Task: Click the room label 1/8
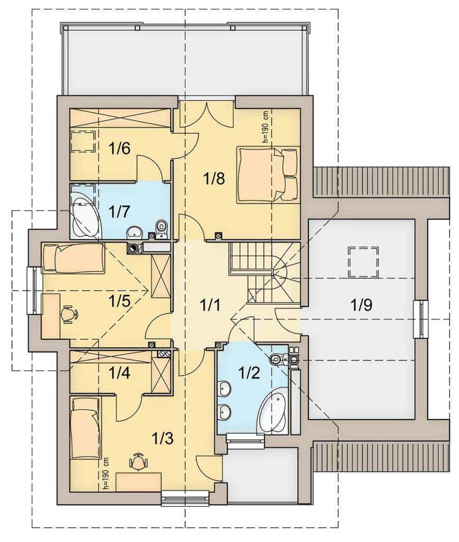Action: coord(214,179)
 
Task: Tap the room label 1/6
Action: coord(119,149)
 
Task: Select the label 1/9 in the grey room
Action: coord(361,305)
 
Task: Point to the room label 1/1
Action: coord(210,305)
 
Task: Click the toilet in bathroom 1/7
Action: coord(161,229)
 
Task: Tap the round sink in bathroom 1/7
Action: coord(134,232)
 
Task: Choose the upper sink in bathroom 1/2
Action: coord(225,389)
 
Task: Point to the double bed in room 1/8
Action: coord(268,175)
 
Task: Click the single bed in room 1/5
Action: coord(73,258)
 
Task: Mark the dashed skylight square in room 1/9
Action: coord(363,262)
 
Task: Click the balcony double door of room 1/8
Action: coord(207,112)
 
